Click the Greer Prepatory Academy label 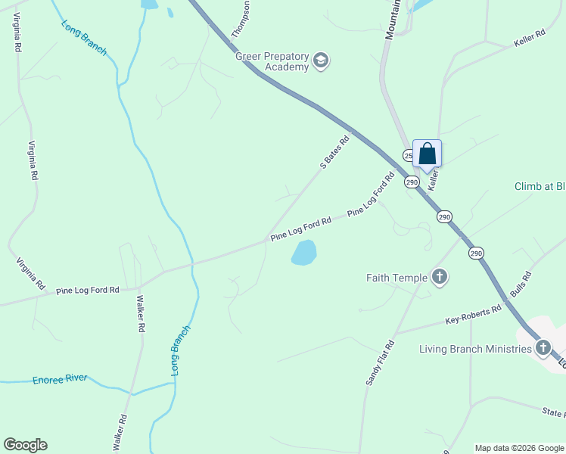tap(272, 61)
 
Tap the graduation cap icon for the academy tap(321, 61)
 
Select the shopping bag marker tap(427, 154)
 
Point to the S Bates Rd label tap(334, 152)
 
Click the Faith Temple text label tap(397, 278)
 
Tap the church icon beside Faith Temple tap(440, 277)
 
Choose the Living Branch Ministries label tap(476, 349)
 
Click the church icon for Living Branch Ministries tap(543, 348)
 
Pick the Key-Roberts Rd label tap(474, 314)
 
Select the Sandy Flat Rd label tap(380, 363)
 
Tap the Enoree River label tap(60, 378)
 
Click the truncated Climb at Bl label tap(540, 186)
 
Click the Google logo tap(25, 445)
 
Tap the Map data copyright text tap(519, 448)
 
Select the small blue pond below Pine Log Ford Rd tap(304, 253)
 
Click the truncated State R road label tap(553, 413)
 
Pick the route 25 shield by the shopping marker tap(408, 155)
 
